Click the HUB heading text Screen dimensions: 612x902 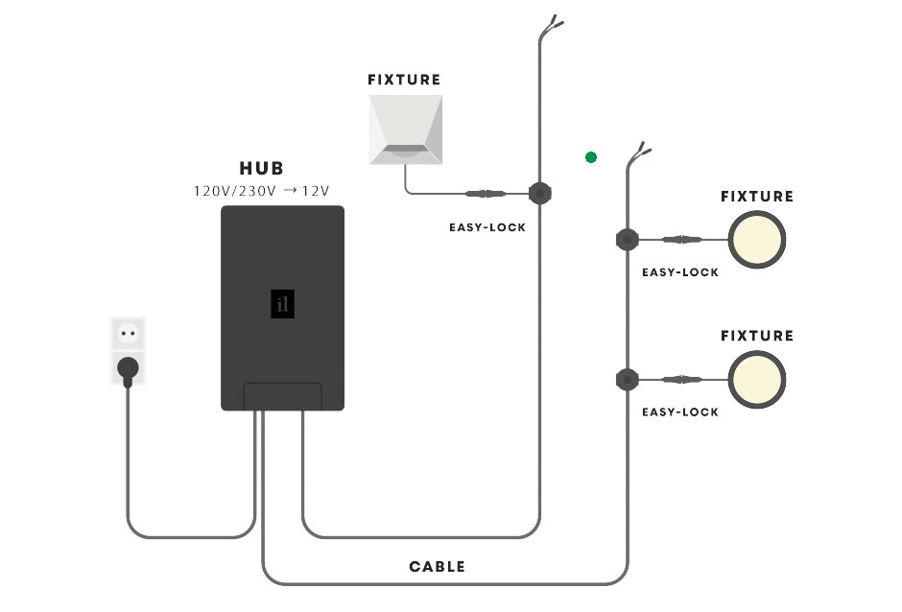click(x=261, y=169)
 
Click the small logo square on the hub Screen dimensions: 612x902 click(x=282, y=304)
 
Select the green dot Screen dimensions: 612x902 click(x=591, y=157)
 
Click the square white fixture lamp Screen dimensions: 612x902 click(x=405, y=129)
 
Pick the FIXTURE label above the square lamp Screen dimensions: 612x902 click(x=404, y=80)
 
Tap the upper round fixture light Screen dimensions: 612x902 click(x=757, y=240)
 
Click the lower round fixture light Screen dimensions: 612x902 click(x=757, y=379)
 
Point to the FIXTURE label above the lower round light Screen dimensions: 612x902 click(x=757, y=336)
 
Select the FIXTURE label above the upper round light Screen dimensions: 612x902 click(x=757, y=197)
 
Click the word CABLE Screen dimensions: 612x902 click(x=437, y=567)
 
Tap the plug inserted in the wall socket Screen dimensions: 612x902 click(x=128, y=366)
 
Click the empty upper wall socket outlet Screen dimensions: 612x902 click(x=128, y=333)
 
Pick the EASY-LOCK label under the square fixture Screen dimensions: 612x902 click(x=487, y=228)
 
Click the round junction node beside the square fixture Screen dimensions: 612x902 click(x=540, y=194)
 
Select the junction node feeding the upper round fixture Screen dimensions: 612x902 click(x=627, y=240)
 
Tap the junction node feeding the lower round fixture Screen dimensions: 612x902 click(x=627, y=379)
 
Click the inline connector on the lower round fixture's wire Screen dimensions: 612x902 click(x=680, y=379)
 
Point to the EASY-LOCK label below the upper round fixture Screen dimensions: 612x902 click(x=679, y=272)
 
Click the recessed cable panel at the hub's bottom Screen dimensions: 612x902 click(x=283, y=396)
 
